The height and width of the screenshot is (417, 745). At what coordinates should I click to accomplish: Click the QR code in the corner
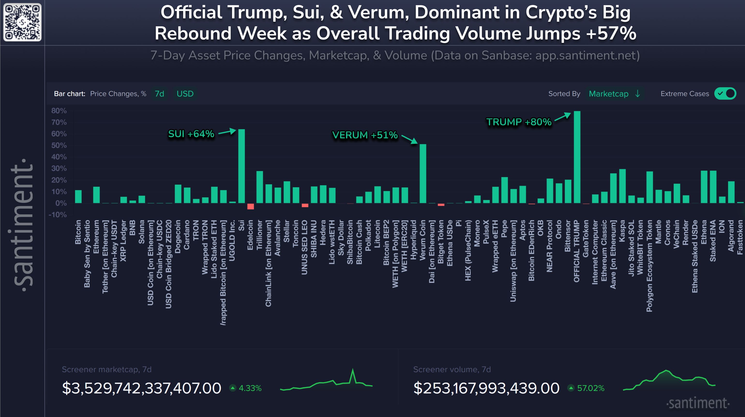(x=22, y=22)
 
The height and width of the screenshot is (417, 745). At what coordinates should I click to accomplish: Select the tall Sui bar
(x=241, y=166)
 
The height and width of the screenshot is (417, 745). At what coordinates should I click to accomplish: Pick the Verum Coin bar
(x=423, y=174)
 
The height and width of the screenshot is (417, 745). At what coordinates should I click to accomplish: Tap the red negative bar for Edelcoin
(x=250, y=206)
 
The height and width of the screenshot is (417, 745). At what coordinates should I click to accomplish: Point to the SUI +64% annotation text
(x=191, y=134)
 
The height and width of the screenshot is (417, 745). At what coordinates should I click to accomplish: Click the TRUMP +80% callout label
(x=519, y=122)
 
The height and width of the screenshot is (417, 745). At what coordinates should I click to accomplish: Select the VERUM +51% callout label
(x=365, y=135)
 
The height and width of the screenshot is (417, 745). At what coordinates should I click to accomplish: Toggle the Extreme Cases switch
(x=725, y=94)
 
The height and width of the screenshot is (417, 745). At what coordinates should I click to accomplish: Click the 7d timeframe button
(x=159, y=94)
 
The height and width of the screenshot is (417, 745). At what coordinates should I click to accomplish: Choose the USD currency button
(x=185, y=94)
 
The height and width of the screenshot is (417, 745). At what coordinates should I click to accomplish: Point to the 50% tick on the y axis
(x=59, y=145)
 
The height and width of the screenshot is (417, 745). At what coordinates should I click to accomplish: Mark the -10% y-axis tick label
(x=58, y=215)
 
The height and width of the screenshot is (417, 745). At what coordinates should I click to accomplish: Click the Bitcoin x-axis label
(x=78, y=232)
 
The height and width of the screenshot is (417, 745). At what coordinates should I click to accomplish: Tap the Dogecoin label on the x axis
(x=178, y=236)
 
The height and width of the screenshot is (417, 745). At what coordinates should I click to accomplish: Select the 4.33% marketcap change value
(x=250, y=388)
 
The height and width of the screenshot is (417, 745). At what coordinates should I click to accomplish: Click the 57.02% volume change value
(x=591, y=388)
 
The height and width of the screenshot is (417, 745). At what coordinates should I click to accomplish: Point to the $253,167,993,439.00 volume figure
(x=486, y=388)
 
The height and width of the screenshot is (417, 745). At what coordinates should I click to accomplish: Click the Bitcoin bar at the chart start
(x=78, y=197)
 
